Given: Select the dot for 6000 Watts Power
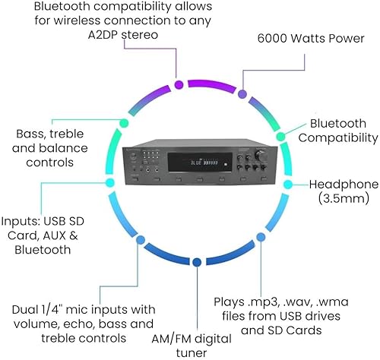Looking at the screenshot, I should click(242, 95).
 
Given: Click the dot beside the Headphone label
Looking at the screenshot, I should click(287, 184).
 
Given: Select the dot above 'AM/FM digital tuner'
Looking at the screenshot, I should click(196, 263).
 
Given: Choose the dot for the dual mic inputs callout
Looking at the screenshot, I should click(139, 245).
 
